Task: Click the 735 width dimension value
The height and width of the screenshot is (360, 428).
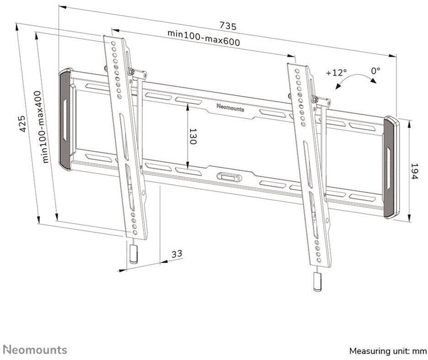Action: point(228,26)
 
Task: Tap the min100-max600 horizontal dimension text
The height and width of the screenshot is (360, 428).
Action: point(203,37)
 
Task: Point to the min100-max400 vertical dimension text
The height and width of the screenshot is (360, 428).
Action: point(43,127)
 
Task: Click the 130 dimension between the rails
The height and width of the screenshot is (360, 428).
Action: point(193,136)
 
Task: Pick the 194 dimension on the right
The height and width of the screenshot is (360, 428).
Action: point(414,171)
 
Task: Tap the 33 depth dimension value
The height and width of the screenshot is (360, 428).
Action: point(177,254)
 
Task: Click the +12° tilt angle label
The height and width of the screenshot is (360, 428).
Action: point(336,73)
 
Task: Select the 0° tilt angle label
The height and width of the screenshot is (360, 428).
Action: point(375,71)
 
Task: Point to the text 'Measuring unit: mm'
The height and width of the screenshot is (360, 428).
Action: point(388,351)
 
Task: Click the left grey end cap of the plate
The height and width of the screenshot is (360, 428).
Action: point(65,119)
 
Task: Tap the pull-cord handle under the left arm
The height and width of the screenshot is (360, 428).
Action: point(134,254)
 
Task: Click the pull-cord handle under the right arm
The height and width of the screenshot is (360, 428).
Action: point(317,282)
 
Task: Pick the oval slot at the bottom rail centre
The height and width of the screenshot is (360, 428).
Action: point(229,177)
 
